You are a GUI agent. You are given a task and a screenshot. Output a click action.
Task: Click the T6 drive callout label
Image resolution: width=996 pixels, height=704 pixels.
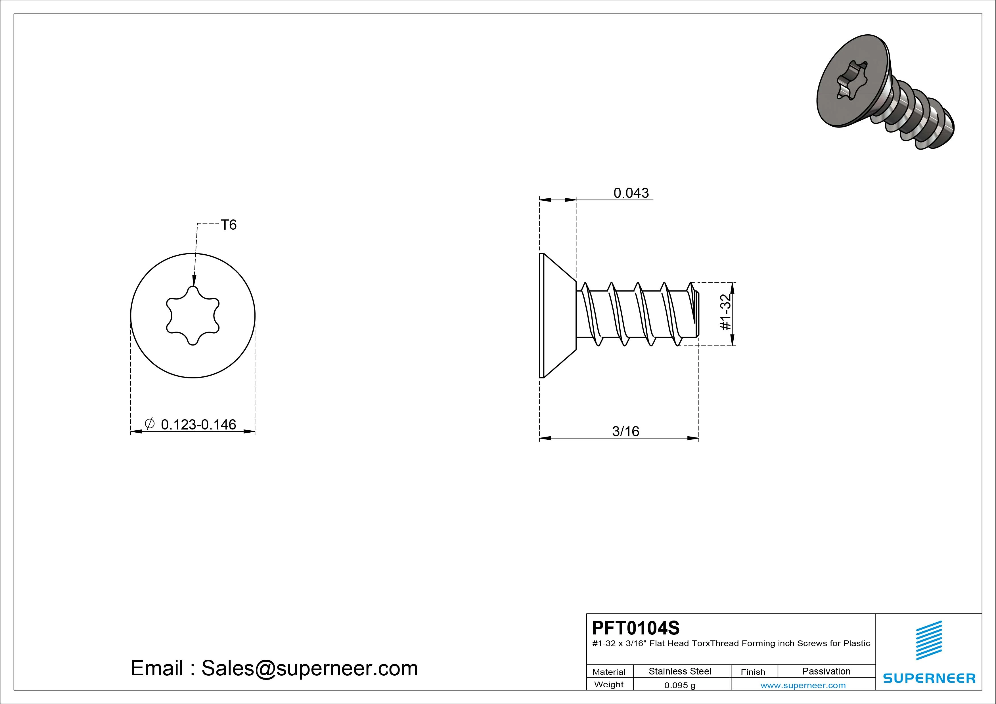(x=229, y=225)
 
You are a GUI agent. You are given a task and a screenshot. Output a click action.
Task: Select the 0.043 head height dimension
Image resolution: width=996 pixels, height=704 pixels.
(x=631, y=193)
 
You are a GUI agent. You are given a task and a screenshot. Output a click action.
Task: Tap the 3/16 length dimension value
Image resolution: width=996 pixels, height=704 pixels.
(x=625, y=431)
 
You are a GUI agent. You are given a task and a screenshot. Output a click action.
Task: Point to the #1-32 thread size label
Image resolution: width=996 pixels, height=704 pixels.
(x=726, y=312)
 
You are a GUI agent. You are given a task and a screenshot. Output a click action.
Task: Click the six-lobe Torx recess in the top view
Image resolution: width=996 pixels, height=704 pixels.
(x=192, y=315)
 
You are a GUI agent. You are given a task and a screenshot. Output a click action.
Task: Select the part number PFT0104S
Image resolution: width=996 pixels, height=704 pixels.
(x=635, y=628)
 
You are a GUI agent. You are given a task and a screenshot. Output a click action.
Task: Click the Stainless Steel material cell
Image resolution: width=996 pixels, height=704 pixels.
(x=680, y=671)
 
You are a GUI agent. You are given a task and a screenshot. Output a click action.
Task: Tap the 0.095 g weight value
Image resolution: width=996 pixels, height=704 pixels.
(x=680, y=685)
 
